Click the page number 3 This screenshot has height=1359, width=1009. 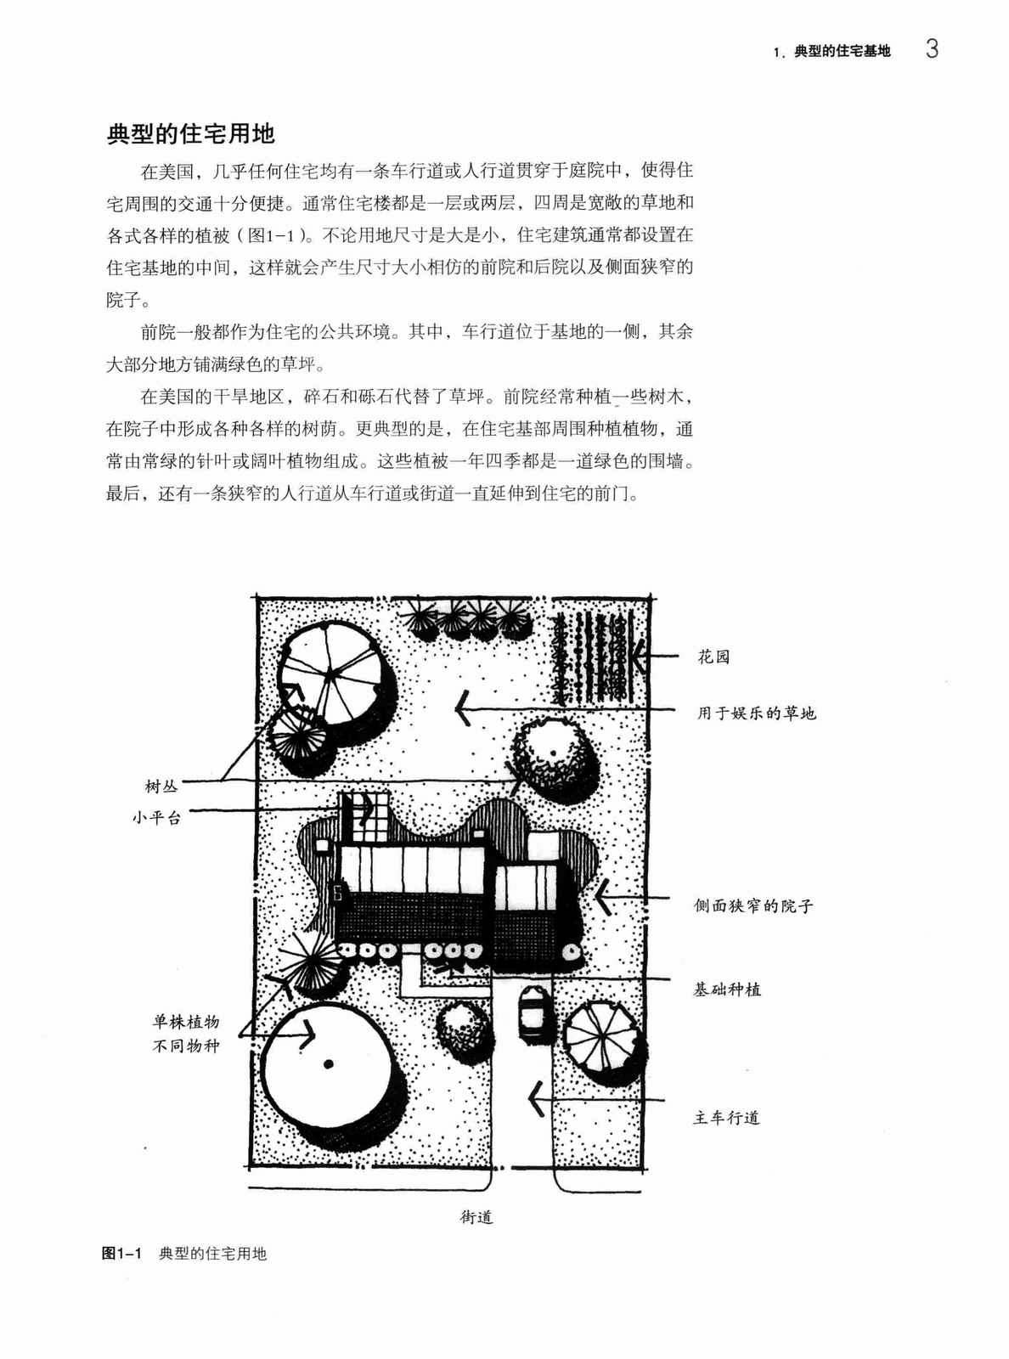[931, 49]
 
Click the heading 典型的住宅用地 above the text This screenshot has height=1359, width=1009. [191, 133]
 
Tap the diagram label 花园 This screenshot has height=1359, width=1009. [713, 657]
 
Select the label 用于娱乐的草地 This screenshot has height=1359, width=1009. [757, 713]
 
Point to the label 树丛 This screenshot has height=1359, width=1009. [161, 786]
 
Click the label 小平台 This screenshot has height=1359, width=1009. [157, 817]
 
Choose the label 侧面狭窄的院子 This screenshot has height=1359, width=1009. [753, 905]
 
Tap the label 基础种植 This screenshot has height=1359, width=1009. [727, 990]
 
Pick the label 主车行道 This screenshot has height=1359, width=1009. [726, 1118]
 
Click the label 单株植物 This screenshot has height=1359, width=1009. [186, 1022]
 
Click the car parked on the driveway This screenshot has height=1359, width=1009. [533, 1012]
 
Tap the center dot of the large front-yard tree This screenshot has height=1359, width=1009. [329, 1064]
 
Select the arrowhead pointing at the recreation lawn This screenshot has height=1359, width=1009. [464, 708]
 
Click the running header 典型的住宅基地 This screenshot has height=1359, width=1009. [843, 52]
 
